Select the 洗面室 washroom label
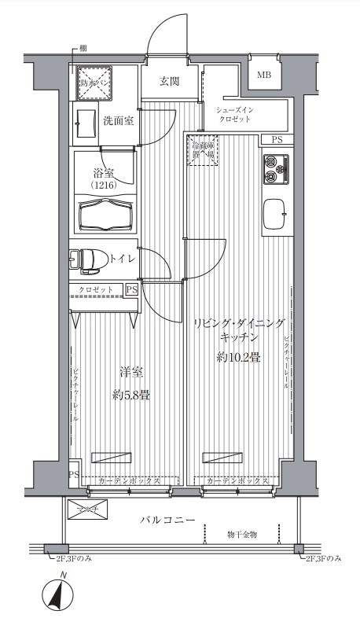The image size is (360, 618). (x=118, y=120)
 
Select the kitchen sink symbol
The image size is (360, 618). (x=274, y=213)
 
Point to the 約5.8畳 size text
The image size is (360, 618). (x=130, y=395)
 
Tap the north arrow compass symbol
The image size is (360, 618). (x=57, y=594)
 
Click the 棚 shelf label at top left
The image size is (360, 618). (x=84, y=49)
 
